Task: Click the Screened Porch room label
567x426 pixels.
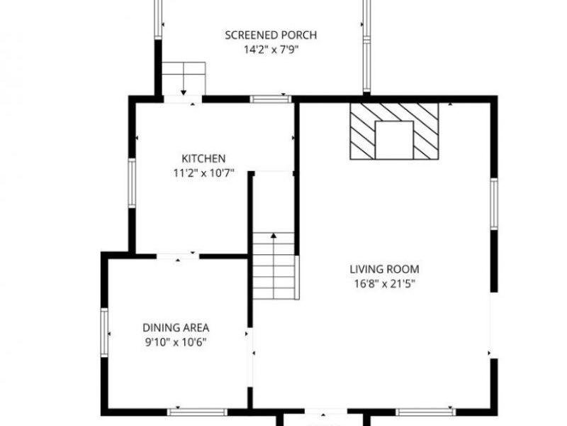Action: (x=271, y=35)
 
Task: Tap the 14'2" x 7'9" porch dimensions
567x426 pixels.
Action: (x=271, y=50)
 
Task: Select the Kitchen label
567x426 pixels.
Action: (x=203, y=158)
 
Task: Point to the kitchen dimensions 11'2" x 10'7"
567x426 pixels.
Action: (x=203, y=173)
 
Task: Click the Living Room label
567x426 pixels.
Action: (x=384, y=270)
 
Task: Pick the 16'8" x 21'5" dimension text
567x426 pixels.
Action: (x=384, y=283)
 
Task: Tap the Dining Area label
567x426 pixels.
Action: (x=176, y=328)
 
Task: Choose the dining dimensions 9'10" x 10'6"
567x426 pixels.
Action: (x=176, y=342)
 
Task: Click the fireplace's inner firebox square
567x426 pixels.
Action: (x=394, y=140)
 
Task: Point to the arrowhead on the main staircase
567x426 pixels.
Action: (x=274, y=236)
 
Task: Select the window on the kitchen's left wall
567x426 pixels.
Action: (x=132, y=183)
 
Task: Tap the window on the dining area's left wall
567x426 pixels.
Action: (x=104, y=332)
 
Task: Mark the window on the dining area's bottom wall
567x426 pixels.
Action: (x=197, y=412)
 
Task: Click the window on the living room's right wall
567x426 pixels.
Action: (x=494, y=204)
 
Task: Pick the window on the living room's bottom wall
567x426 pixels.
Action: (x=426, y=412)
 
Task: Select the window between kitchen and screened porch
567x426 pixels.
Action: (x=271, y=99)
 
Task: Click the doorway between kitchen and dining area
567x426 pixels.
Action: (x=178, y=256)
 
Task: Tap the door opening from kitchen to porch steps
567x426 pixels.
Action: (x=183, y=99)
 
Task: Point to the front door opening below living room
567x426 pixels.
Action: (x=326, y=412)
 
